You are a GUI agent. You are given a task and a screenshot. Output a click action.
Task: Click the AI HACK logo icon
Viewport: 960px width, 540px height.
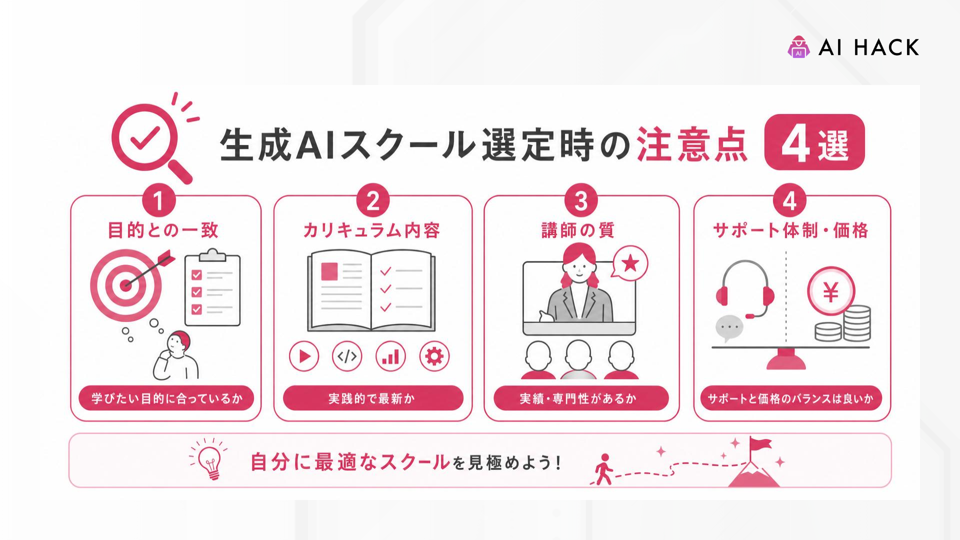[x=798, y=47]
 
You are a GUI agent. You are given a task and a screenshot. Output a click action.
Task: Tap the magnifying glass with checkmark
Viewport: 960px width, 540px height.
[x=150, y=140]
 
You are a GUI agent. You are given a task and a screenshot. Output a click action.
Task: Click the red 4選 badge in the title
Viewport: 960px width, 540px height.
[x=814, y=142]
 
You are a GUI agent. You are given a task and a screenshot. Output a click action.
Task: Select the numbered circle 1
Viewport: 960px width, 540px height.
[x=158, y=200]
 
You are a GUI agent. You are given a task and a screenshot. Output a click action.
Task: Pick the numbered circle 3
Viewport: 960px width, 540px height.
[x=581, y=200]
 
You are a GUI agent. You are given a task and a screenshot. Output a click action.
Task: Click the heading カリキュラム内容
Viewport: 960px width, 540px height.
[x=371, y=230]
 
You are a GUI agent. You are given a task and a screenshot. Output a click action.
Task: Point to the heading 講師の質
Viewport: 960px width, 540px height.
[x=578, y=230]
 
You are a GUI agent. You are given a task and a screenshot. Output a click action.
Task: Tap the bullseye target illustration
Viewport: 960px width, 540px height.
[x=127, y=285]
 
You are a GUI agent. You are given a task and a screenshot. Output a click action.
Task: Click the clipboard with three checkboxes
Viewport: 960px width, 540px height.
[x=212, y=288]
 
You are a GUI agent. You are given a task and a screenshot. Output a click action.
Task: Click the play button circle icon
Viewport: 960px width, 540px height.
[x=304, y=356]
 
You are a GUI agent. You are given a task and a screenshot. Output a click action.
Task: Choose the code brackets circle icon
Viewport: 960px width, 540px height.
[x=347, y=356]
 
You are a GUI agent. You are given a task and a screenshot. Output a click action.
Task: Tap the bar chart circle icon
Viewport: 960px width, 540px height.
[x=390, y=356]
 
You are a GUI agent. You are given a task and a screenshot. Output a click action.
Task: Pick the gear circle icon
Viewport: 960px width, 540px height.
[x=434, y=356]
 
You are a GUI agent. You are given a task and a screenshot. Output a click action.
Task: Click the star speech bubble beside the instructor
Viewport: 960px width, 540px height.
[x=630, y=262]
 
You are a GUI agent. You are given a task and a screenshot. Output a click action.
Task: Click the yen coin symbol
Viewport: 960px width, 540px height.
[x=831, y=291]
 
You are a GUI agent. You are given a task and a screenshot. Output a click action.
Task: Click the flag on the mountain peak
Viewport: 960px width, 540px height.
[x=759, y=444]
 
